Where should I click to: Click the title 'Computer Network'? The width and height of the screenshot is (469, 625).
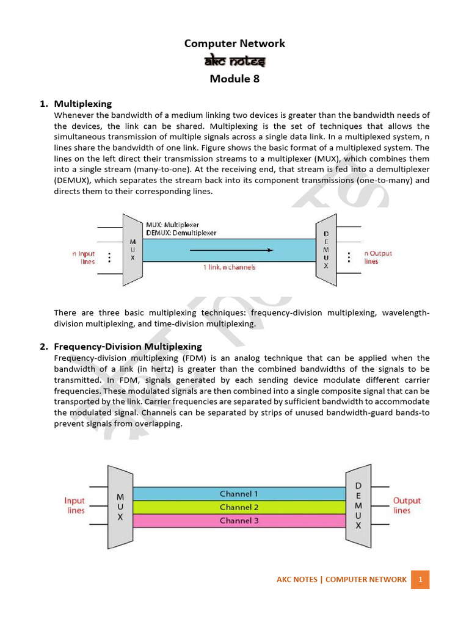pyautogui.click(x=234, y=43)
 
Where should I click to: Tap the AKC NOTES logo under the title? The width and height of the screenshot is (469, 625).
pyautogui.click(x=234, y=61)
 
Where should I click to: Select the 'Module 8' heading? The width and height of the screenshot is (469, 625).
pyautogui.click(x=234, y=79)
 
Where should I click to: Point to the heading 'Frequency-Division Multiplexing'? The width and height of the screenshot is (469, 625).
pyautogui.click(x=128, y=347)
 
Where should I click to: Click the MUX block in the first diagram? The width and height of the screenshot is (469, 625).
pyautogui.click(x=133, y=250)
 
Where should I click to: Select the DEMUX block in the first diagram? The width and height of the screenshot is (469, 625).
pyautogui.click(x=325, y=250)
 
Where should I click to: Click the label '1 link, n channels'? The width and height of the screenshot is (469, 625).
pyautogui.click(x=230, y=267)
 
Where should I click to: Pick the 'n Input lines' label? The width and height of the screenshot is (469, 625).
pyautogui.click(x=84, y=257)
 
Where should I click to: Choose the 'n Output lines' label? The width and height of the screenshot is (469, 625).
pyautogui.click(x=378, y=257)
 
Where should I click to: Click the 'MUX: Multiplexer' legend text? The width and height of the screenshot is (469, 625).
pyautogui.click(x=172, y=225)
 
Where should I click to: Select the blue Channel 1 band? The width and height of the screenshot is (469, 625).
pyautogui.click(x=239, y=494)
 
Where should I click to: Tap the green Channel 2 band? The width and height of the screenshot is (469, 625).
pyautogui.click(x=239, y=507)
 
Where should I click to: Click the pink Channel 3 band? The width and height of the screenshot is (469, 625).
pyautogui.click(x=239, y=521)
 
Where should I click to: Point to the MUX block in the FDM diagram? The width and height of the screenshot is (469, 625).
pyautogui.click(x=120, y=507)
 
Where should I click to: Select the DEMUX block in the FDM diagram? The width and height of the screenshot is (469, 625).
pyautogui.click(x=358, y=507)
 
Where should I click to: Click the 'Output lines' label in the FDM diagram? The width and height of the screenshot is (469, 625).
pyautogui.click(x=406, y=505)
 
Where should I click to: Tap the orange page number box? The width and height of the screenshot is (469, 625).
pyautogui.click(x=420, y=579)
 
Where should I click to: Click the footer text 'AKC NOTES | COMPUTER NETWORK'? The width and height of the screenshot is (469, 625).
pyautogui.click(x=341, y=579)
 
